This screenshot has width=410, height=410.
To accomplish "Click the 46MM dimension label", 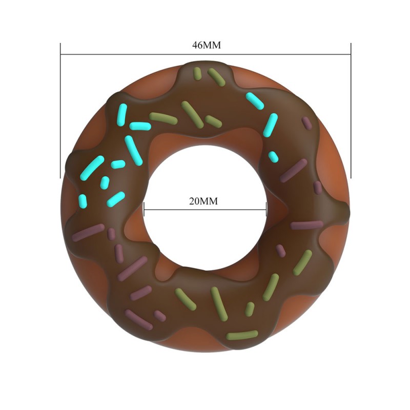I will pyautogui.click(x=206, y=45).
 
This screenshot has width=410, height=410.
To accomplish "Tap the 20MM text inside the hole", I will pyautogui.click(x=203, y=201).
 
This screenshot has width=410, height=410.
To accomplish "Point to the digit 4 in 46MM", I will pyautogui.click(x=195, y=45).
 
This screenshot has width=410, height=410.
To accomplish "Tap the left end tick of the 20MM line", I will pyautogui.click(x=144, y=209).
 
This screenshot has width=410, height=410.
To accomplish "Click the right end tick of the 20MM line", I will pyautogui.click(x=266, y=209).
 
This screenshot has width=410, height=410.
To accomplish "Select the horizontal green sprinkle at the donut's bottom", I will pyautogui.click(x=242, y=336).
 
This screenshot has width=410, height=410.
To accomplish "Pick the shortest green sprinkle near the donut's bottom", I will pyautogui.click(x=250, y=309).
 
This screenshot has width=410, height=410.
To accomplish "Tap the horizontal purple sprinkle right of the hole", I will pyautogui.click(x=306, y=224).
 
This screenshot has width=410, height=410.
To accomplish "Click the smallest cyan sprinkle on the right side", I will pyautogui.click(x=274, y=156).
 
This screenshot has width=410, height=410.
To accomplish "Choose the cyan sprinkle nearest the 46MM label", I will pyautogui.click(x=255, y=101).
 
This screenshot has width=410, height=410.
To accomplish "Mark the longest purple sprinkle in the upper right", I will pyautogui.click(x=294, y=170).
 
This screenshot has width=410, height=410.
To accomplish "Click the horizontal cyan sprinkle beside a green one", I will pyautogui.click(x=140, y=126).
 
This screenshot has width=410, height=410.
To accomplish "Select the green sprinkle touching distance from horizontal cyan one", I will pyautogui.click(x=163, y=118).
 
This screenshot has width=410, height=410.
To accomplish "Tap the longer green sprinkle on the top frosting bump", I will pyautogui.click(x=216, y=77).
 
